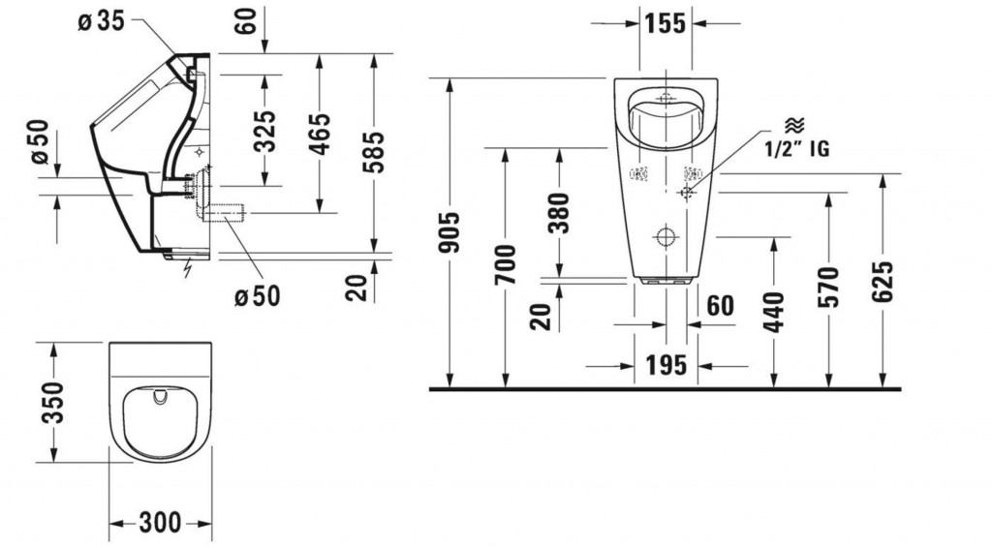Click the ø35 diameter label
(x=101, y=21)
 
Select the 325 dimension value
(x=265, y=132)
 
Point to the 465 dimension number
(x=320, y=134)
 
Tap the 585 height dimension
(x=373, y=152)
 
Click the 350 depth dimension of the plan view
(x=52, y=402)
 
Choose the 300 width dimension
(x=160, y=523)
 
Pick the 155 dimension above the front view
(x=666, y=23)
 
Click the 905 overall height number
(x=449, y=232)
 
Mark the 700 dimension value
(x=505, y=264)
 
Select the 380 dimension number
(x=559, y=213)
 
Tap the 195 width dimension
(x=666, y=365)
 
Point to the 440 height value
(x=774, y=312)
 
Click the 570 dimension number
(x=828, y=287)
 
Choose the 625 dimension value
(x=883, y=281)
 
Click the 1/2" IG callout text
(x=796, y=148)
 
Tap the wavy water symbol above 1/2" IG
(x=794, y=125)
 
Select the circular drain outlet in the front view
(x=666, y=237)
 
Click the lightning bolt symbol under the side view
(x=187, y=269)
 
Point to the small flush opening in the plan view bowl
(x=160, y=396)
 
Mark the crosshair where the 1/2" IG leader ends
(x=687, y=192)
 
